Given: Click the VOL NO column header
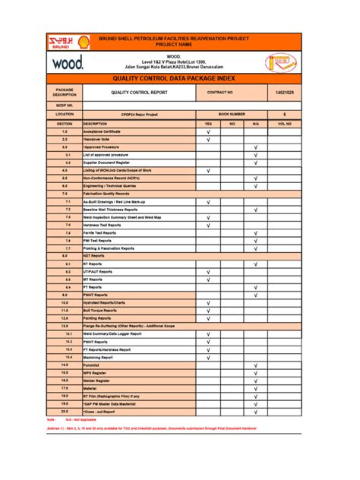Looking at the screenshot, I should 284,123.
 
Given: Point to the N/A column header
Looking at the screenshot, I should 256,123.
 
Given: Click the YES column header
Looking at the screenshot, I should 208,123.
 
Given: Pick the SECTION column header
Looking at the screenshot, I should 65,123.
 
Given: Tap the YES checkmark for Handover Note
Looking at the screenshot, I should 208,140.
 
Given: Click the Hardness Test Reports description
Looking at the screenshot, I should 102,226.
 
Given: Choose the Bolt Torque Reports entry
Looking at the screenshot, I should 100,310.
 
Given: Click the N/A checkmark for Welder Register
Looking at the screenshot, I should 256,381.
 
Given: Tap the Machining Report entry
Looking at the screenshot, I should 98,357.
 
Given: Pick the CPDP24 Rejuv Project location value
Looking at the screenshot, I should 136,113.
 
